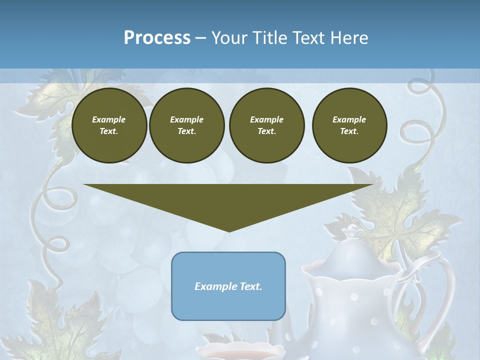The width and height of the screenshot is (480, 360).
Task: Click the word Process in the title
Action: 157,38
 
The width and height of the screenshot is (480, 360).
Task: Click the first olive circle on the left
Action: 109,125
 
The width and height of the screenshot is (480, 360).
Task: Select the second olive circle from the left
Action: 186,125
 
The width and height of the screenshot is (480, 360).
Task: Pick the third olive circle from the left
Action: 266,125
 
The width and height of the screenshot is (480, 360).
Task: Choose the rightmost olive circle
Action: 349,125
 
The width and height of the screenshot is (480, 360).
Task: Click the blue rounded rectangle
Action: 228,305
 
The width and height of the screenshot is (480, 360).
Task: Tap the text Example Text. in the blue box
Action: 228,286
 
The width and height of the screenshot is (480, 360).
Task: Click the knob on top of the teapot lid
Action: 353,231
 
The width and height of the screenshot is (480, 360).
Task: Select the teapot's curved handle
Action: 440,280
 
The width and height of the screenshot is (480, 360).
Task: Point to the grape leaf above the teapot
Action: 395,210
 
